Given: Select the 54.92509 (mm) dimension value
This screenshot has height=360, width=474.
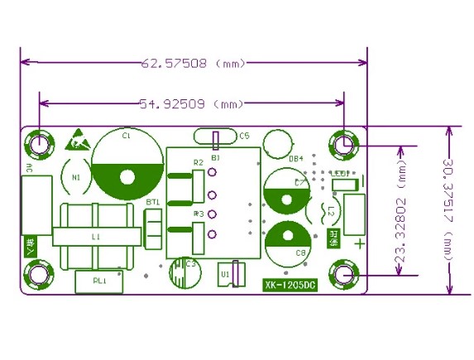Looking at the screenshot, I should click(192, 103).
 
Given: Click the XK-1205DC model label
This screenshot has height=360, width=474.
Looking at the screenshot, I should click(290, 286).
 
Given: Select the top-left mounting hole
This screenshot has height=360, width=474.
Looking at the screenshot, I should click(38, 144).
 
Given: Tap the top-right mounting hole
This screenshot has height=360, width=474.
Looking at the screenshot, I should click(345, 144).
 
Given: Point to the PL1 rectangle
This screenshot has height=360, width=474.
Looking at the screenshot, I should click(100, 281).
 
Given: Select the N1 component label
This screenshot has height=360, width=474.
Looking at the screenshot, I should click(76, 176).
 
